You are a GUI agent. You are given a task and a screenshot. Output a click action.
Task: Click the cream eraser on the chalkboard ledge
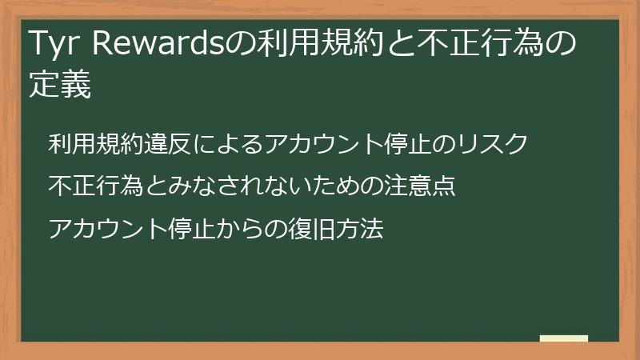[x=564, y=339]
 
